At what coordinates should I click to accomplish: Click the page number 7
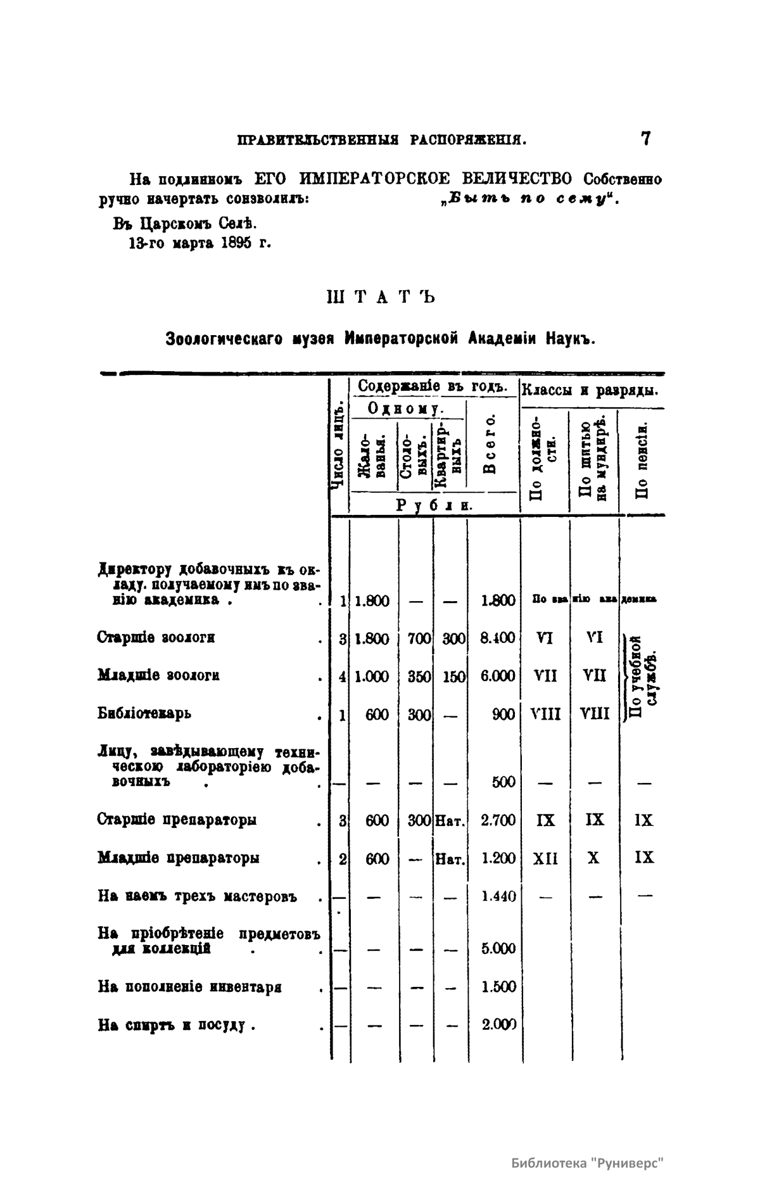point(645,139)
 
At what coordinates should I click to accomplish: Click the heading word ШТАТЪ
point(379,296)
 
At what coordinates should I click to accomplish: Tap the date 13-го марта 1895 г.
point(199,243)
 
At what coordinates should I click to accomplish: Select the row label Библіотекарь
point(144,713)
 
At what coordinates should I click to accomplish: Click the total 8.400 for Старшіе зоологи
point(498,638)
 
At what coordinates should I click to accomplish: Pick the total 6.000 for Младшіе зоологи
point(498,676)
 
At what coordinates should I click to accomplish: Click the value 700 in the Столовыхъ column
point(419,638)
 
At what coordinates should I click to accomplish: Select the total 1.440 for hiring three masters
point(498,896)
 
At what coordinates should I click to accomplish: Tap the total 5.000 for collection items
point(498,948)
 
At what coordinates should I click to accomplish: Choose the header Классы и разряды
point(588,390)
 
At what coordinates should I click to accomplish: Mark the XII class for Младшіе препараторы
point(545,858)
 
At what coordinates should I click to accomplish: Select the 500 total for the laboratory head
point(503,782)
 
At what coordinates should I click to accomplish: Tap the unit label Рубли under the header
point(435,505)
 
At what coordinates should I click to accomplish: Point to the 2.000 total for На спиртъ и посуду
point(498,1024)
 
